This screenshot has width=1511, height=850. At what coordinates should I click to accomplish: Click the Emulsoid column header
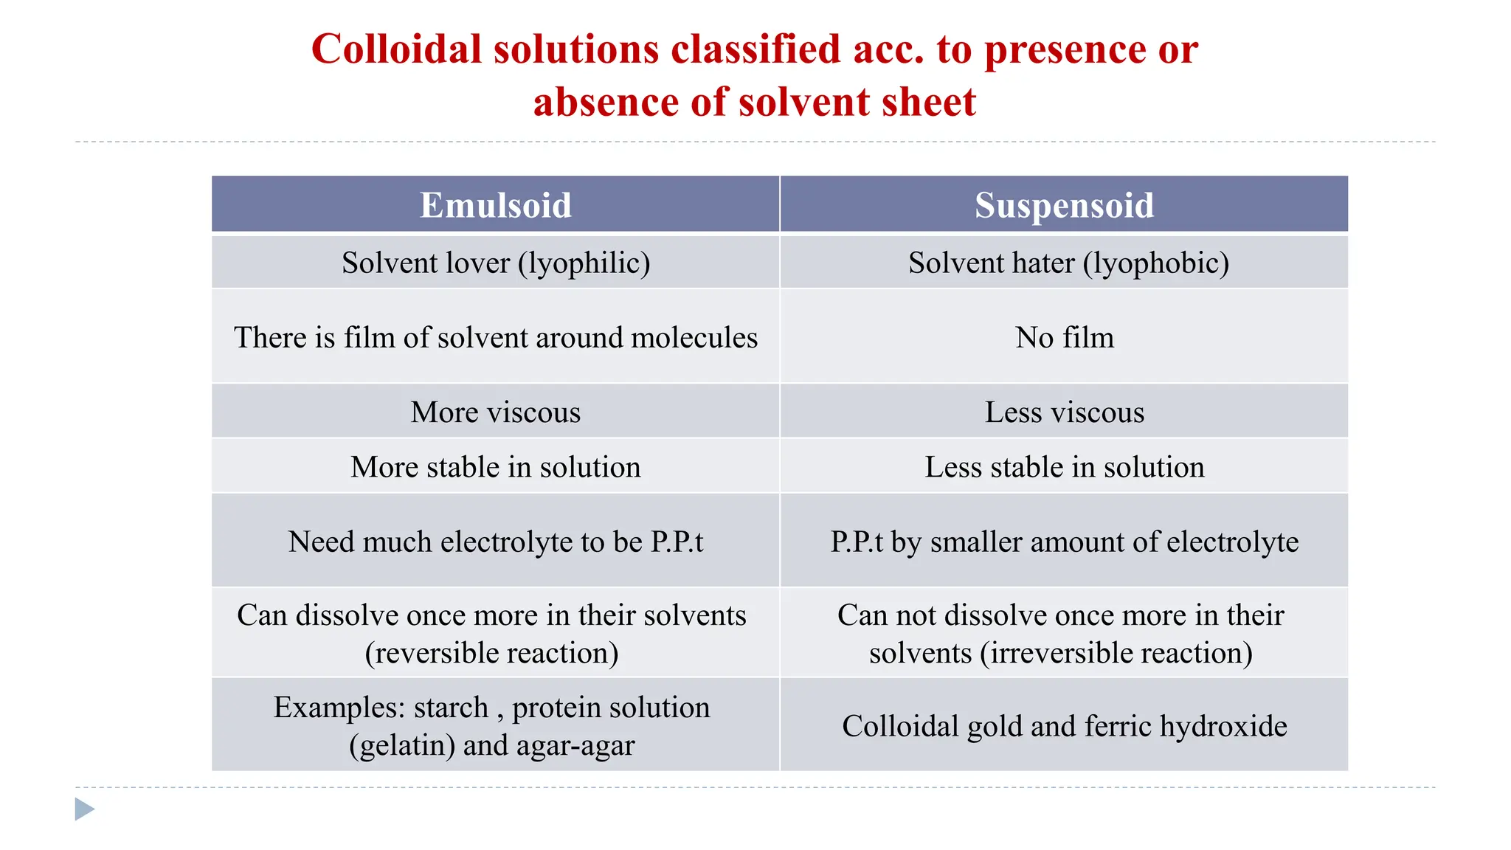click(x=496, y=205)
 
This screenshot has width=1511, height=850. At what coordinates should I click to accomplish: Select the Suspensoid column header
click(x=1064, y=205)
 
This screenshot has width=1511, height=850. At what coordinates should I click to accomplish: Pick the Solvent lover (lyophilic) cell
click(x=496, y=263)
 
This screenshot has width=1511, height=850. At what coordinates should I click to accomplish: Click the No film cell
click(x=1064, y=337)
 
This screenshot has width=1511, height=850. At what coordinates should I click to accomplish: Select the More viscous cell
click(x=496, y=412)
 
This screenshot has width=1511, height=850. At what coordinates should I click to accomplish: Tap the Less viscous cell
click(x=1064, y=412)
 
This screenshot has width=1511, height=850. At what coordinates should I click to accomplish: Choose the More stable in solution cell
click(x=496, y=467)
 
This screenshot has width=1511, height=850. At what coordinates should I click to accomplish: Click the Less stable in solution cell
click(x=1064, y=467)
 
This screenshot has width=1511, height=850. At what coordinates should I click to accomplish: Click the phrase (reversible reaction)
click(x=491, y=653)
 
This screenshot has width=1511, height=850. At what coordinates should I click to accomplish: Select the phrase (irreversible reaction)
click(x=1116, y=653)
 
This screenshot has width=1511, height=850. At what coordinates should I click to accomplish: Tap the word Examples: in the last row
click(x=339, y=708)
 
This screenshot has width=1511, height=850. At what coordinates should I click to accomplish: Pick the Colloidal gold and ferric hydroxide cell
click(x=1064, y=726)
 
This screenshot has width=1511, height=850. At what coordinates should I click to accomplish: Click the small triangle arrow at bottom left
click(x=84, y=809)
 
